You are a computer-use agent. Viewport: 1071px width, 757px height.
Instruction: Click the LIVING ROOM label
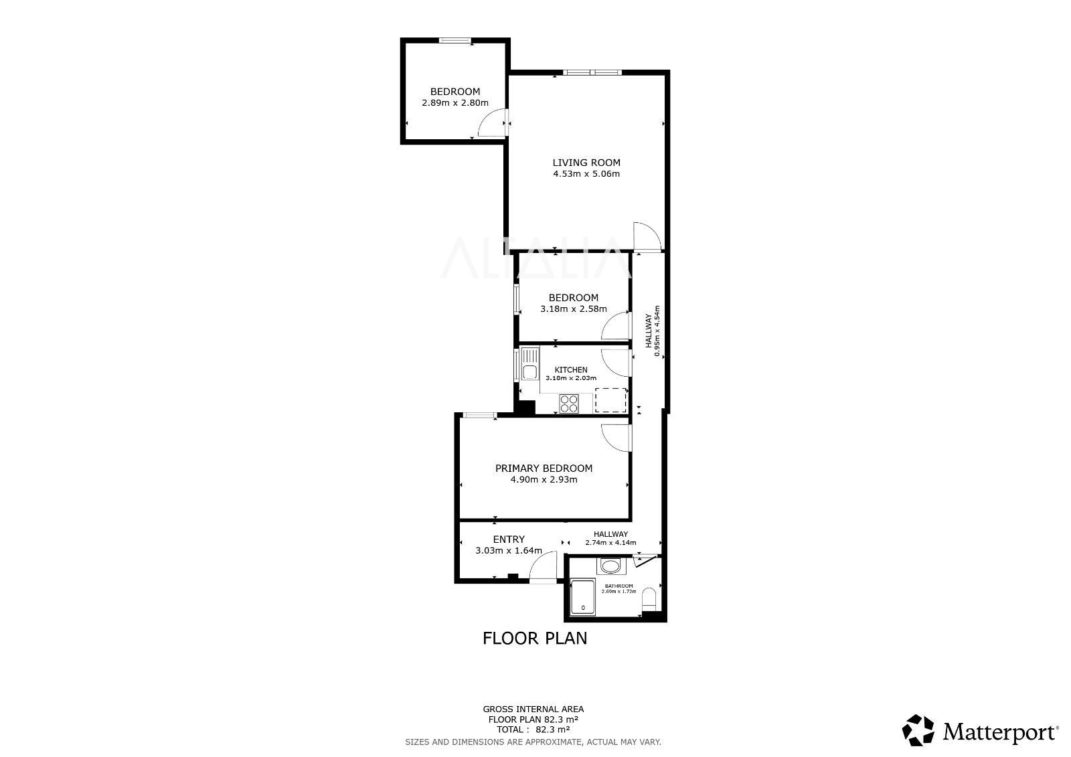pyautogui.click(x=586, y=163)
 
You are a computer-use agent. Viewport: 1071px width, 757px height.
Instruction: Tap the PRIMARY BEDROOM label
pyautogui.click(x=544, y=468)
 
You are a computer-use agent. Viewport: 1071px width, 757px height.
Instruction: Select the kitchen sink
pyautogui.click(x=529, y=364)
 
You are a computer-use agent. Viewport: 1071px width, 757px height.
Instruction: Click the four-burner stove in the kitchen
pyautogui.click(x=569, y=403)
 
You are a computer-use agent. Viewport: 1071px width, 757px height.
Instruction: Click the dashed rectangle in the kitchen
pyautogui.click(x=610, y=400)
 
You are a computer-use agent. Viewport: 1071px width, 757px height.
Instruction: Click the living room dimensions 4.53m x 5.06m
pyautogui.click(x=586, y=174)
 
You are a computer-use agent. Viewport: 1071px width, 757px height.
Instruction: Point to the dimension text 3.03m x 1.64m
pyautogui.click(x=509, y=550)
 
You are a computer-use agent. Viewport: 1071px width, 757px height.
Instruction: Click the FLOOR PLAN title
pyautogui.click(x=535, y=639)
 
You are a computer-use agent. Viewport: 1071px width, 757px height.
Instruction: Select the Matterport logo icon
pyautogui.click(x=918, y=730)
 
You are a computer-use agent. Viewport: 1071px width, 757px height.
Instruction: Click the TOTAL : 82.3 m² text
pyautogui.click(x=533, y=730)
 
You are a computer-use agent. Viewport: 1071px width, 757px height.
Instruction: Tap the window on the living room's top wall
pyautogui.click(x=592, y=72)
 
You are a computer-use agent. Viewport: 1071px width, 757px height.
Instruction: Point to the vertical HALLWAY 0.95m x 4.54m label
pyautogui.click(x=653, y=331)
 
